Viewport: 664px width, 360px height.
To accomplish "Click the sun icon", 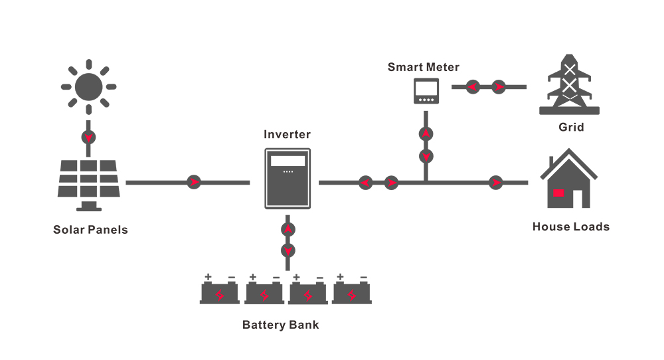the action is [88, 87].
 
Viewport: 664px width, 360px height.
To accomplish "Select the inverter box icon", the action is [288, 178].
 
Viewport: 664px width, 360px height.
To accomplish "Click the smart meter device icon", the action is [426, 90].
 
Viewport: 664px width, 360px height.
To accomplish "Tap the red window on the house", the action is [558, 193].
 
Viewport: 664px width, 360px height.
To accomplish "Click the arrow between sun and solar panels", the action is [88, 137].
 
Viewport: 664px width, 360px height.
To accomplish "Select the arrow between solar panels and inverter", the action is [194, 182].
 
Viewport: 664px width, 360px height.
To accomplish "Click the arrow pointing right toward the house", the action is [495, 183].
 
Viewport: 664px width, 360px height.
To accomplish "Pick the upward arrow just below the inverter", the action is [288, 230].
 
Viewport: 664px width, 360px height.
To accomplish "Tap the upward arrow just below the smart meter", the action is [426, 134].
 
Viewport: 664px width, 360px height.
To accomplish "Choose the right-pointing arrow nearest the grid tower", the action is [499, 87].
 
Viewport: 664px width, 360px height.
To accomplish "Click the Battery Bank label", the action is [280, 325].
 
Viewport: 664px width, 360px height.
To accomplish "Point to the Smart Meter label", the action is [424, 67].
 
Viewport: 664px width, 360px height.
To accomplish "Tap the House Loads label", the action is [571, 226].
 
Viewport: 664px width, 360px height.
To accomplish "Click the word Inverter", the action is [287, 134].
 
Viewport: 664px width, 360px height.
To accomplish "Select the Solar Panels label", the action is [90, 230].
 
